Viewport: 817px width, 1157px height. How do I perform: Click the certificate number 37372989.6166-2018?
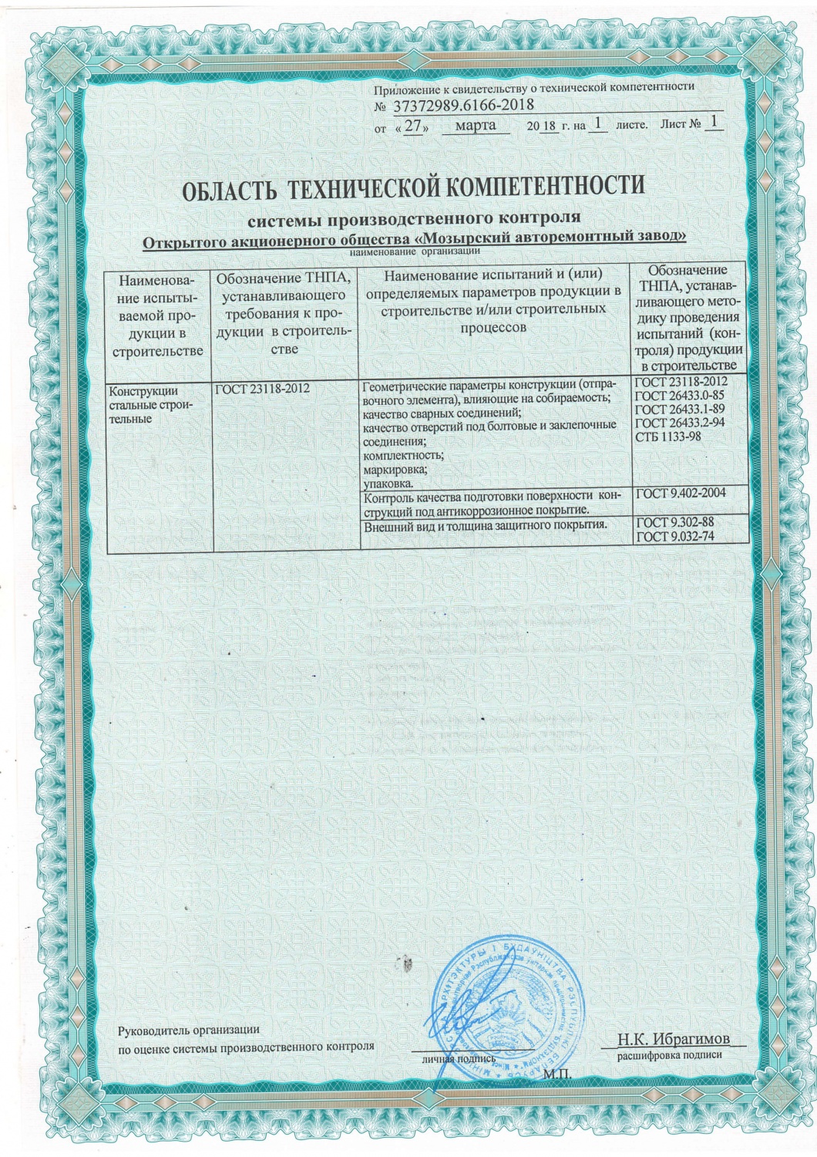(458, 106)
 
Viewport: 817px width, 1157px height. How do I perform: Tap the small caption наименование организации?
(415, 251)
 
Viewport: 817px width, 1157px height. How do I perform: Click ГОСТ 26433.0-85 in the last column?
(681, 396)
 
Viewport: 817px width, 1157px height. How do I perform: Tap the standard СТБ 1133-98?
(669, 437)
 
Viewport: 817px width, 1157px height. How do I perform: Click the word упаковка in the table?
(388, 484)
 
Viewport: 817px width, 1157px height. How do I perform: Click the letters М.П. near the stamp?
(555, 1074)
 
